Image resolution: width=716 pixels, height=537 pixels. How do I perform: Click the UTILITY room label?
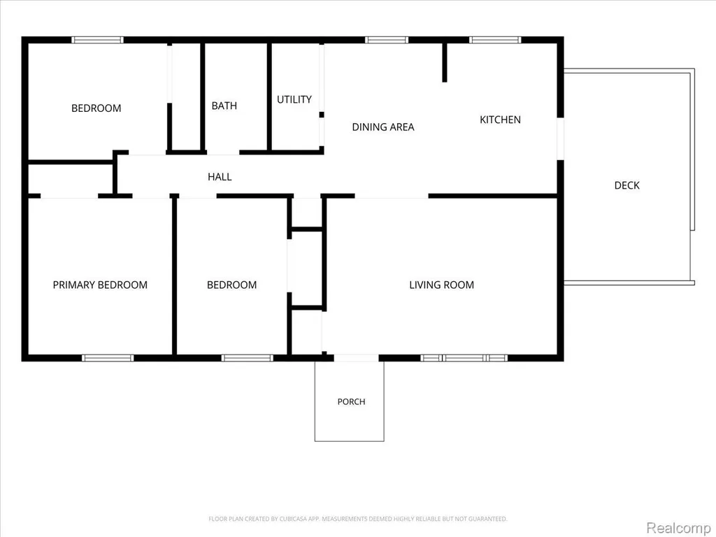[294, 99]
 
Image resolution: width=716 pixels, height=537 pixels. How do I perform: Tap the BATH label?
[224, 106]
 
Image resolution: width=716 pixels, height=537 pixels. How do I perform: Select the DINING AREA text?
[383, 127]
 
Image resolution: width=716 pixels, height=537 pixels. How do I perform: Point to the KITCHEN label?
[500, 120]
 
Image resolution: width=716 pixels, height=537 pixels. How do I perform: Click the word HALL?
[220, 177]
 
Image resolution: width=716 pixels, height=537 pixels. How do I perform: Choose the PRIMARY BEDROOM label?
[100, 285]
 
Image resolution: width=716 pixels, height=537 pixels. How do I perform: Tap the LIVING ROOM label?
[442, 285]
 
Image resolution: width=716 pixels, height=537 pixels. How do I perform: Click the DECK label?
[627, 185]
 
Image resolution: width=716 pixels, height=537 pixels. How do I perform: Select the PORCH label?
[351, 402]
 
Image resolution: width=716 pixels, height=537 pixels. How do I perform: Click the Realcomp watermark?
[678, 527]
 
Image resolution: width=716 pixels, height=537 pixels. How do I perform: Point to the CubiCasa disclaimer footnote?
[357, 519]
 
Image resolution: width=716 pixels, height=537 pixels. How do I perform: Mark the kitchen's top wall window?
[495, 40]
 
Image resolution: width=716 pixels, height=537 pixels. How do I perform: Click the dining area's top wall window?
[386, 40]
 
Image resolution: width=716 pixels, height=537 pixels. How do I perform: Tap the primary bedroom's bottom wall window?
[108, 358]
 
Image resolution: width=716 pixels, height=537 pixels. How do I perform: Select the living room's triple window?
[464, 358]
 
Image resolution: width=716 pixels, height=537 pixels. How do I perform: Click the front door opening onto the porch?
[356, 358]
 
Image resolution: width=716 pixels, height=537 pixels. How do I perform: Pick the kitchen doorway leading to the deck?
[560, 139]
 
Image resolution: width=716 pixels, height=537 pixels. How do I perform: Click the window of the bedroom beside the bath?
[97, 40]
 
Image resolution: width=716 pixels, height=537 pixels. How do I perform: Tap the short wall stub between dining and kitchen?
[445, 62]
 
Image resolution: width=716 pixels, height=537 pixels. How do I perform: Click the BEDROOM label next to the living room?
[231, 285]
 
